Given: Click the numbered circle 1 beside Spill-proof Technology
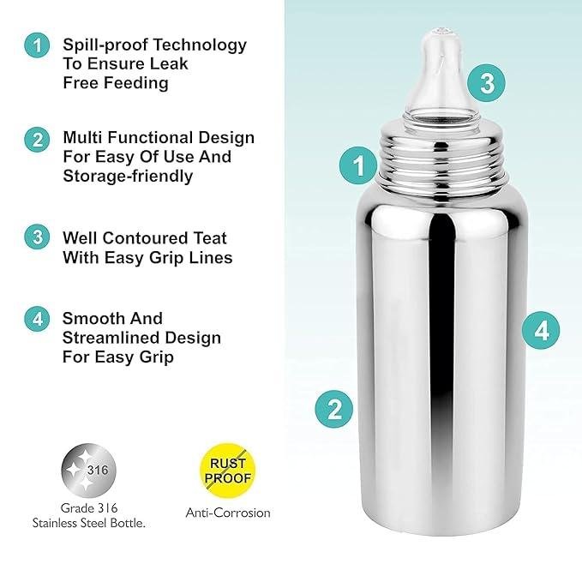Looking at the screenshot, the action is [37, 45].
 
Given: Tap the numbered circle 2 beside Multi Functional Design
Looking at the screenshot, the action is [37, 140].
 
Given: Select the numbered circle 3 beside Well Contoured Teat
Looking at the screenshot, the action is [37, 237].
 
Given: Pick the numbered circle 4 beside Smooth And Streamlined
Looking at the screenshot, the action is [37, 319].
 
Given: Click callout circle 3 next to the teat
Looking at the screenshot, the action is [486, 83].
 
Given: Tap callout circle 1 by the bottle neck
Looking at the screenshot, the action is [358, 165].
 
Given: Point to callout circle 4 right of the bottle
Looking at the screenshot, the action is [541, 330].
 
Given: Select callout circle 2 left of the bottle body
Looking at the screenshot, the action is [334, 409].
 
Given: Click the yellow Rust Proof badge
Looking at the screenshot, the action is [227, 471].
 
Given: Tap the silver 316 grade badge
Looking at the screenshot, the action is [88, 471].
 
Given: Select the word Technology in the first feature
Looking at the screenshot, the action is [200, 45].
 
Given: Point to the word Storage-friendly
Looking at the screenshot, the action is [128, 176].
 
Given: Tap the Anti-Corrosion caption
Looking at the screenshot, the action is [228, 513].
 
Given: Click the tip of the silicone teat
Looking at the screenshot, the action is [441, 31].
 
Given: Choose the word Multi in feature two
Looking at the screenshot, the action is [82, 137].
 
